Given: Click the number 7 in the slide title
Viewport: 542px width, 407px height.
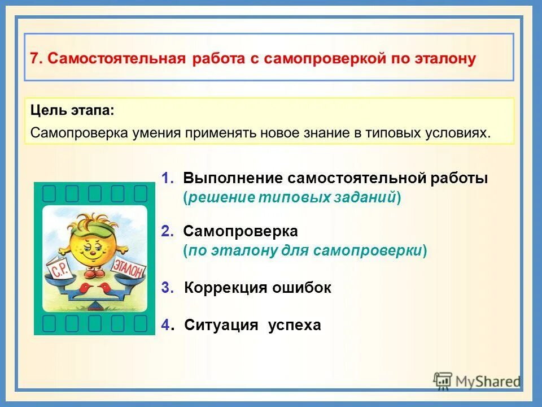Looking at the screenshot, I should tap(34, 59).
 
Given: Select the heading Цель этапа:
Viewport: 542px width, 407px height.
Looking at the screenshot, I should tap(72, 110).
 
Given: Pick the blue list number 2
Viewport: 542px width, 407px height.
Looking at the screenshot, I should tap(166, 231).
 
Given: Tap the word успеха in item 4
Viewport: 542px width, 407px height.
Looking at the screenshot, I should tap(294, 325).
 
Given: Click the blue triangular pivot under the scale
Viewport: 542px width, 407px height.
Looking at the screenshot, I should tap(94, 306).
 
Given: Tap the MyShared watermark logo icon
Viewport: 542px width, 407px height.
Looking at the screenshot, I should tap(443, 380).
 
